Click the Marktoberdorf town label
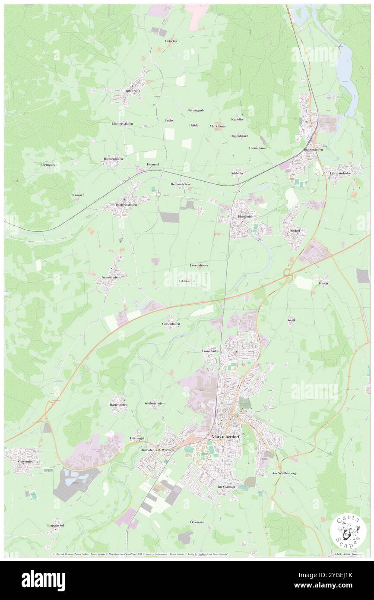pyautogui.click(x=226, y=437)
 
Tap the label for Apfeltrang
pyautogui.click(x=133, y=91)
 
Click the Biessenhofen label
pyautogui.click(x=313, y=149)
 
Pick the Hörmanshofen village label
pyautogui.click(x=341, y=173)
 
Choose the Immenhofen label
pyautogui.click(x=108, y=277)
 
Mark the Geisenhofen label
pyautogui.click(x=171, y=323)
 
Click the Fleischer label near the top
pyautogui.click(x=171, y=41)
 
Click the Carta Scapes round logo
pyautogui.click(x=348, y=531)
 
